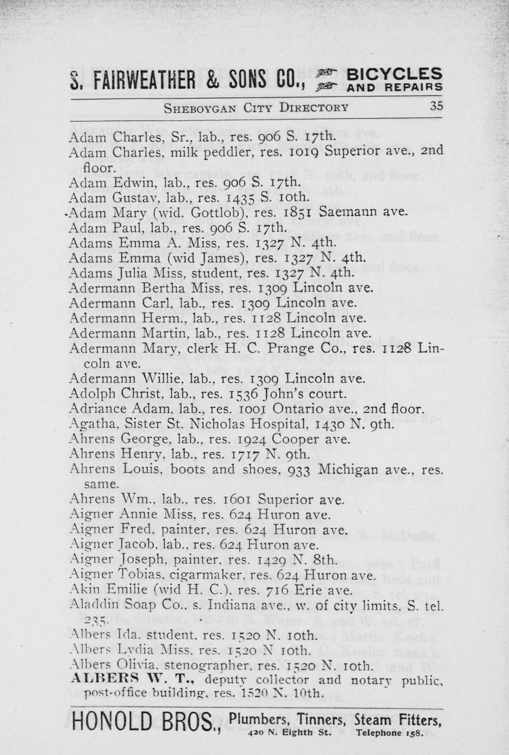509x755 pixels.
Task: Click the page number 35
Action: [x=436, y=106]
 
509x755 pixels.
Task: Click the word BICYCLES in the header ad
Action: [x=394, y=74]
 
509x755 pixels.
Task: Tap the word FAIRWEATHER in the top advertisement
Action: [x=144, y=79]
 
